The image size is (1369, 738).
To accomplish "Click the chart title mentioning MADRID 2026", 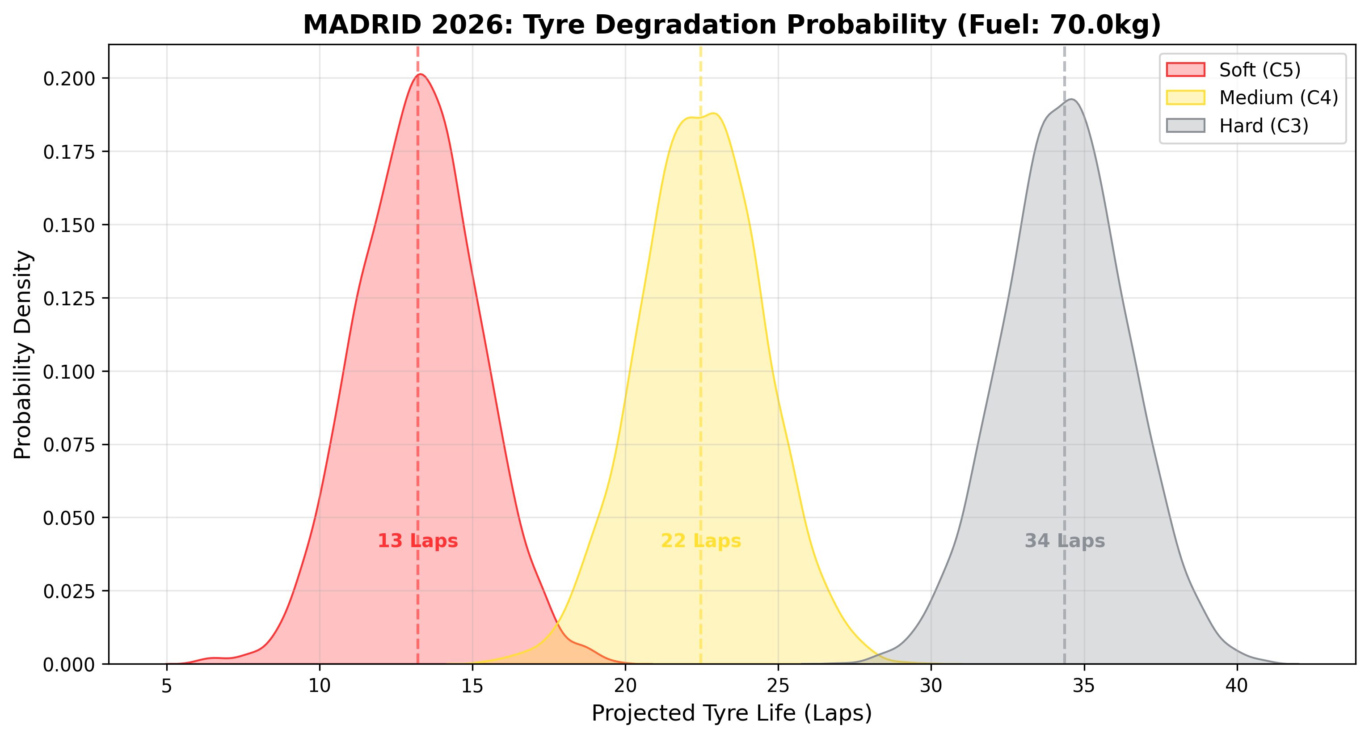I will pos(732,25).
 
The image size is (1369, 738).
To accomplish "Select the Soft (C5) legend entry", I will pos(1259,70).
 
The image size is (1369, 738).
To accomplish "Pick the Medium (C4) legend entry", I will pos(1278,98).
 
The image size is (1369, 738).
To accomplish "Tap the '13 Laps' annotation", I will pos(418,541).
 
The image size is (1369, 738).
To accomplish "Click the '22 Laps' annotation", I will pos(700,541).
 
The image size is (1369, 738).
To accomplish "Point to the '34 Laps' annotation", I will pos(1065,541).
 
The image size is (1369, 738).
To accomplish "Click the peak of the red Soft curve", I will pos(421,74).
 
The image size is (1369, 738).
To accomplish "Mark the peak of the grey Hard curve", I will pos(1071,100).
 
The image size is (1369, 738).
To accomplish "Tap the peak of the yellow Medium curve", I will pos(714,114).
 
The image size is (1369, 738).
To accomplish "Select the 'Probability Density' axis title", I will pos(23,354).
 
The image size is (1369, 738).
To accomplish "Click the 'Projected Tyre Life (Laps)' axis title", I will pos(732,713).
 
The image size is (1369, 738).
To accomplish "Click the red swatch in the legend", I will pos(1185,70).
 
